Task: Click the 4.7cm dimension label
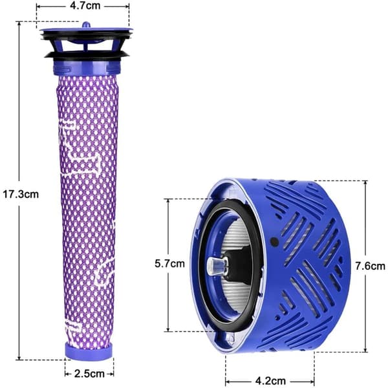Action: (85, 6)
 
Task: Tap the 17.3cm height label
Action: (21, 194)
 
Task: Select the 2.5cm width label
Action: (89, 374)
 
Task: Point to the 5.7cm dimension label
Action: (169, 264)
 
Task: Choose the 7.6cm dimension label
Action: (370, 266)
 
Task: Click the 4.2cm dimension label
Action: (270, 381)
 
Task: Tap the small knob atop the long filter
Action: (86, 25)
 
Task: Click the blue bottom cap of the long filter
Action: (89, 350)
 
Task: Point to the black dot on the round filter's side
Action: (275, 241)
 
